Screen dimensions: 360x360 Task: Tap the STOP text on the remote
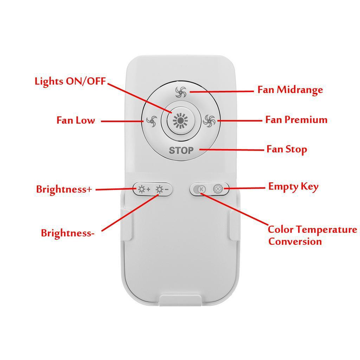click(181, 150)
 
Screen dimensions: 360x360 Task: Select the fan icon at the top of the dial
click(180, 92)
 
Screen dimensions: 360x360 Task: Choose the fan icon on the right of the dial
click(209, 121)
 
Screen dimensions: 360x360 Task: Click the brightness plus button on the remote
click(143, 189)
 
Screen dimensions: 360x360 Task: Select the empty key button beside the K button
click(218, 189)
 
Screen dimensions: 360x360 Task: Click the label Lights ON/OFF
click(70, 81)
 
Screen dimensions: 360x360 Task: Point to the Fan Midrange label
click(290, 90)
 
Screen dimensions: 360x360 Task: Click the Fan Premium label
click(296, 120)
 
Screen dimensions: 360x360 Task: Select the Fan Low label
click(76, 120)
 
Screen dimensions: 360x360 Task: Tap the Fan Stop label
click(287, 149)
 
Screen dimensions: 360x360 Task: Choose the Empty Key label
click(293, 186)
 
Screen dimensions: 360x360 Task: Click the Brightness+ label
click(64, 189)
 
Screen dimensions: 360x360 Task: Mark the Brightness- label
click(67, 233)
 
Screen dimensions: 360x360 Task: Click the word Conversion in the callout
click(295, 242)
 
